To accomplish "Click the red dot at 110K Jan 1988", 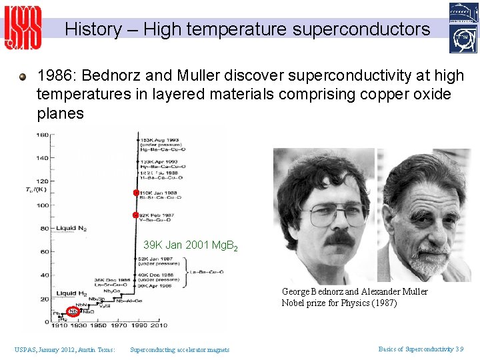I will (135, 193).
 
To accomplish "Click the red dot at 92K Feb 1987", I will (135, 215).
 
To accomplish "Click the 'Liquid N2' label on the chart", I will (71, 228).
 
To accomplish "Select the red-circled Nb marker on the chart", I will (73, 311).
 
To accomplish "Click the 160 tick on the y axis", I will (42, 135).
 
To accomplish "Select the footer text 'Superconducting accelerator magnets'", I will (179, 349).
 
